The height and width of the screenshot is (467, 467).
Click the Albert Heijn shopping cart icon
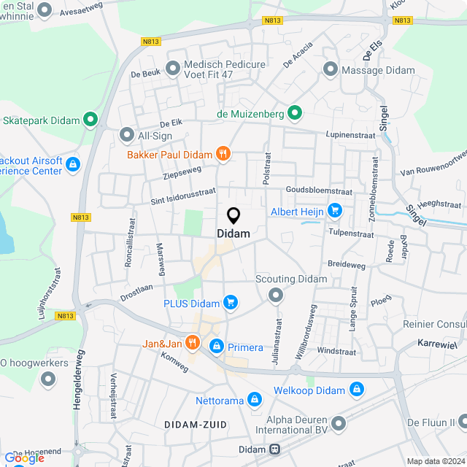click(335, 212)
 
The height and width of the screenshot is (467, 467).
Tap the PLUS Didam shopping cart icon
click(231, 302)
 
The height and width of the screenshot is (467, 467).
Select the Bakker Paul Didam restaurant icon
click(223, 154)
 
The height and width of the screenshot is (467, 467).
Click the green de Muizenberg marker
click(295, 113)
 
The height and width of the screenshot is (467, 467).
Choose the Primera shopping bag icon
click(216, 347)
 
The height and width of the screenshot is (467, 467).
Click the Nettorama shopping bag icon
click(254, 399)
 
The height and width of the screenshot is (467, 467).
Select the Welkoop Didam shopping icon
click(357, 390)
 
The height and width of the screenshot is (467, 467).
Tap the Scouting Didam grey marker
click(276, 295)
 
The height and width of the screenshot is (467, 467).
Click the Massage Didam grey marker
click(331, 71)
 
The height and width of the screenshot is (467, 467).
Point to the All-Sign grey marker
click(127, 135)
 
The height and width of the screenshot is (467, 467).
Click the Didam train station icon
click(276, 449)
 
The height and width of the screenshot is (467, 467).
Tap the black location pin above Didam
click(233, 216)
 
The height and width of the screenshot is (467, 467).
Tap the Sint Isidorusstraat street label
click(183, 193)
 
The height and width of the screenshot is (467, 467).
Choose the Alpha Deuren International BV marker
click(339, 423)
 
